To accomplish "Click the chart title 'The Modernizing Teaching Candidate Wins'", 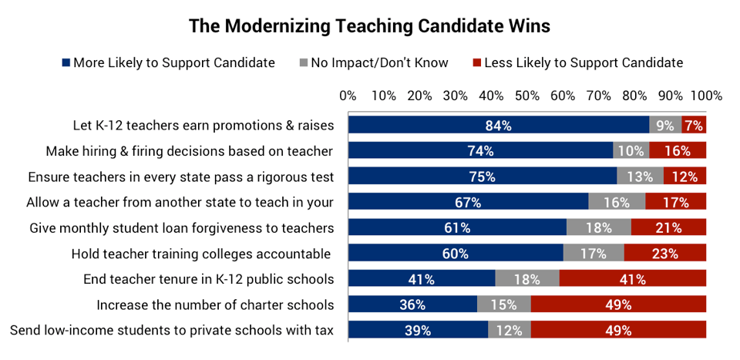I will [369, 25].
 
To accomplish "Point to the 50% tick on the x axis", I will [527, 96].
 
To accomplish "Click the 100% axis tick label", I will [706, 96].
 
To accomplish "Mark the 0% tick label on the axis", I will [348, 96].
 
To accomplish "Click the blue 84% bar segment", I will [499, 126].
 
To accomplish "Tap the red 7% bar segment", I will [694, 126].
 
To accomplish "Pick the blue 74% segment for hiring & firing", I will [480, 151].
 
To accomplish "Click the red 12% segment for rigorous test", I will [684, 177].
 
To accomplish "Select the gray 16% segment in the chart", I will [617, 202].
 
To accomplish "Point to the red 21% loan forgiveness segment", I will [668, 227].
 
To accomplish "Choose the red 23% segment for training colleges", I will [664, 253].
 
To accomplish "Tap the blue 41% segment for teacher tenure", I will [421, 279].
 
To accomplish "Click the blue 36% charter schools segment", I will [412, 304].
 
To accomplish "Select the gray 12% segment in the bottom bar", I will [510, 330].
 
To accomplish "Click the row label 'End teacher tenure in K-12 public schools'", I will [208, 279].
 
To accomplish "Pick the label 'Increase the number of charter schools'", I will [215, 304].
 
